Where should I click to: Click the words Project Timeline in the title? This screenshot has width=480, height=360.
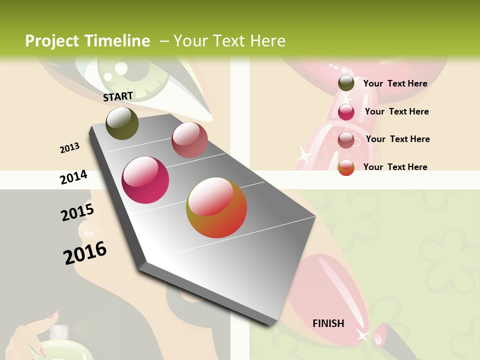pos(87,41)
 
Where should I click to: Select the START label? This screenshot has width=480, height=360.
pos(118,96)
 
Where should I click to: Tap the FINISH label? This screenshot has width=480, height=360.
pos(328,323)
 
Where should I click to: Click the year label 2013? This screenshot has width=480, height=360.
pos(69,148)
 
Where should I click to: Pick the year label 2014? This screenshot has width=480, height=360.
pos(73,177)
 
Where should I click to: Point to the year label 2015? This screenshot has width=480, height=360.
pos(77,212)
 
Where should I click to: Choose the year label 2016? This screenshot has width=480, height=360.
pos(85,252)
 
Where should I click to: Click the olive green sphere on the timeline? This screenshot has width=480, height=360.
pos(122,123)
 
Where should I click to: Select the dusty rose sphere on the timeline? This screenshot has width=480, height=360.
pos(189,140)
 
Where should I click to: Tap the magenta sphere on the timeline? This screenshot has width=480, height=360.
pos(145,180)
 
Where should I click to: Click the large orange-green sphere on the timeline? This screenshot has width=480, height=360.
pos(216,207)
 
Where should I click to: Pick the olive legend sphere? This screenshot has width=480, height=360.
pos(346,83)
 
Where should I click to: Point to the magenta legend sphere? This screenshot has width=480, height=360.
pos(346,112)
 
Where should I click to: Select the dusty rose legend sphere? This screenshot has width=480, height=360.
pos(346,140)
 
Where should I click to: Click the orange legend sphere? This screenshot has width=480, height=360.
pos(346,167)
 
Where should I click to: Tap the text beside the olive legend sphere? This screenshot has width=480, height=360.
pos(395,83)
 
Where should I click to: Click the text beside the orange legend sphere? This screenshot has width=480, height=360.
pos(395,167)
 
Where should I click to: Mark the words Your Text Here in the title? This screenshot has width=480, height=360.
pos(229,41)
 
